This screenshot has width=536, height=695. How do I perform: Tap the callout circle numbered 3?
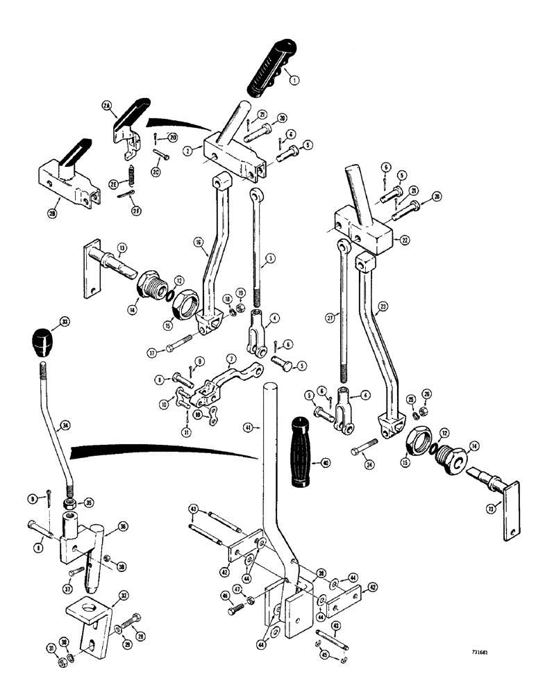click(x=269, y=258)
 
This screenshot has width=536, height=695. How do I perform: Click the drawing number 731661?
click(x=478, y=653)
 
